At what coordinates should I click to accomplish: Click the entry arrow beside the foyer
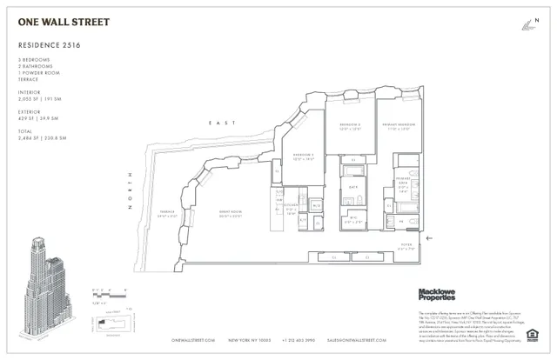(429, 236)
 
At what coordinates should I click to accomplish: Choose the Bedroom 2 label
(351, 127)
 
